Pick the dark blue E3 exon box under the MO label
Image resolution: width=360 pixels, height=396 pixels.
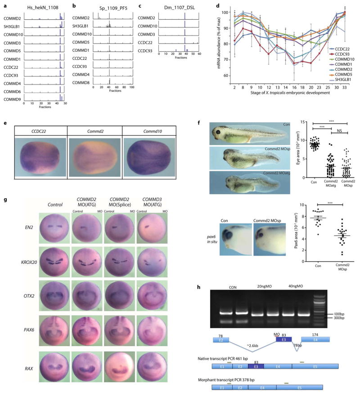283,341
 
